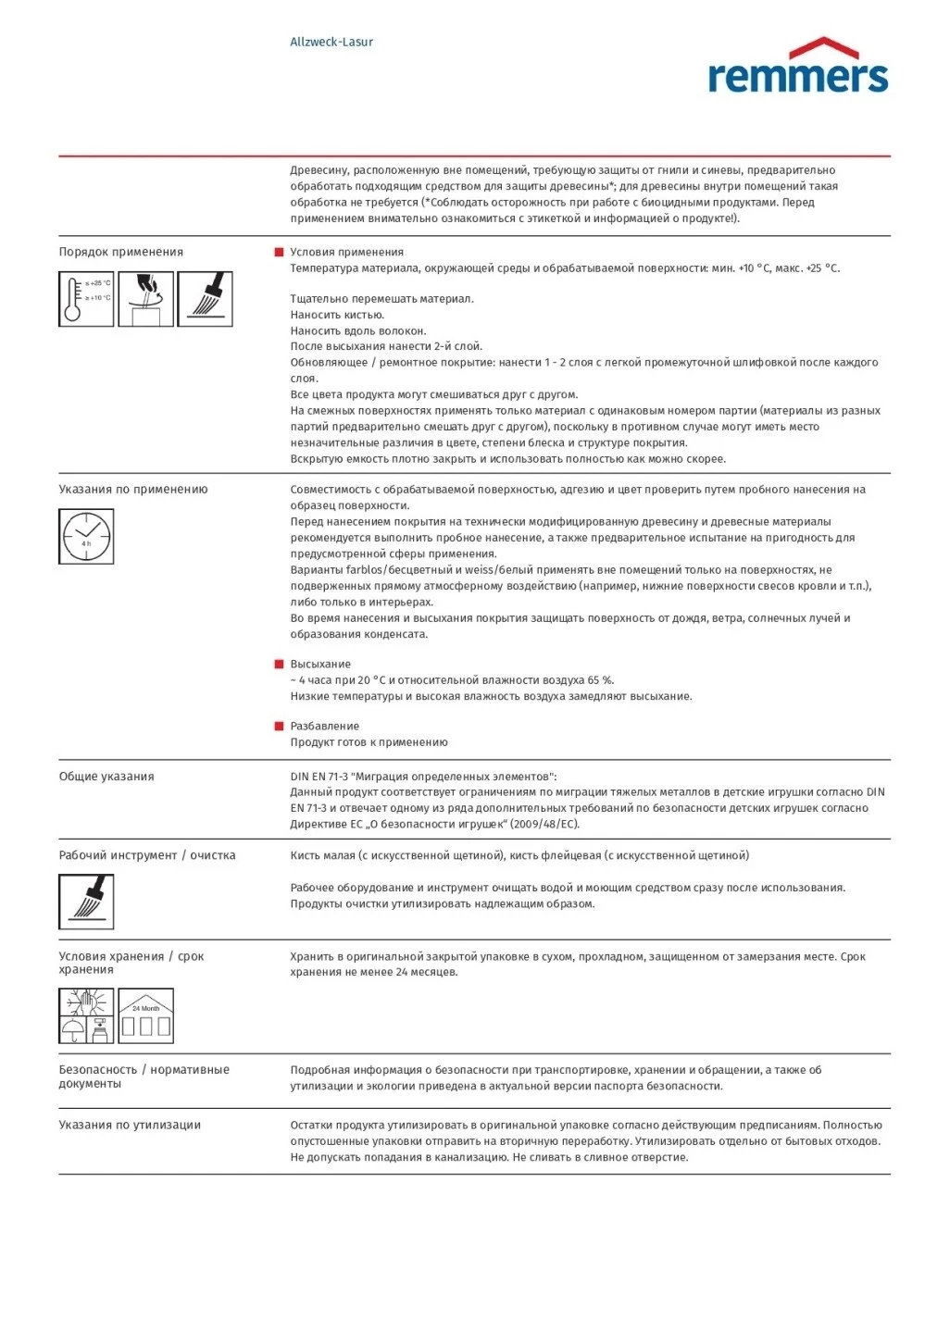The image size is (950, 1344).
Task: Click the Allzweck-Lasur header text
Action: tap(331, 42)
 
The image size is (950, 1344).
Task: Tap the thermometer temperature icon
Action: tap(86, 299)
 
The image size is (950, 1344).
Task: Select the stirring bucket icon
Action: tap(145, 299)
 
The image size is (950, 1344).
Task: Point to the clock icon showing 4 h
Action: tap(86, 537)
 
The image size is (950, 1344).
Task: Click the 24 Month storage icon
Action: tap(145, 1015)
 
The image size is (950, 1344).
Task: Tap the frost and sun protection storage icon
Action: tap(86, 1015)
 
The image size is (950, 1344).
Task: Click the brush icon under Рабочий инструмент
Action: tap(86, 902)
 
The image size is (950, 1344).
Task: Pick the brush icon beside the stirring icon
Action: tap(205, 299)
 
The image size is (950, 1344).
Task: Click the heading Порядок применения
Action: tap(121, 252)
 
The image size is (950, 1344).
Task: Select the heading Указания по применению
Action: tap(133, 490)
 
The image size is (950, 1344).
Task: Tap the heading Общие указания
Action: tap(106, 777)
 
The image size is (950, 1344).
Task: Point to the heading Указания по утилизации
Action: tap(130, 1126)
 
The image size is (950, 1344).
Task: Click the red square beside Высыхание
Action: tap(279, 665)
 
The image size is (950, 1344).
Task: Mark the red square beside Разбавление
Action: tap(279, 727)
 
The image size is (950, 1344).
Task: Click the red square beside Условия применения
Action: tap(279, 252)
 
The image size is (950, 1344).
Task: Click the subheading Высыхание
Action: tap(320, 665)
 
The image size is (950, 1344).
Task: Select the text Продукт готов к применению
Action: tap(369, 742)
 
